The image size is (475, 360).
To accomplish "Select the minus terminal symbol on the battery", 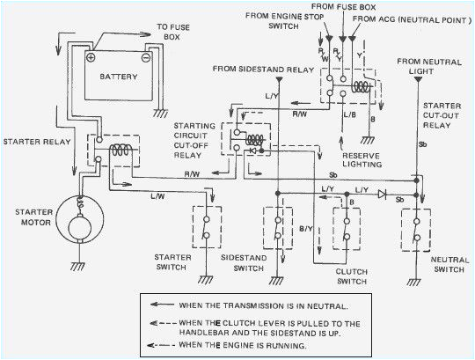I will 145,57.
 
